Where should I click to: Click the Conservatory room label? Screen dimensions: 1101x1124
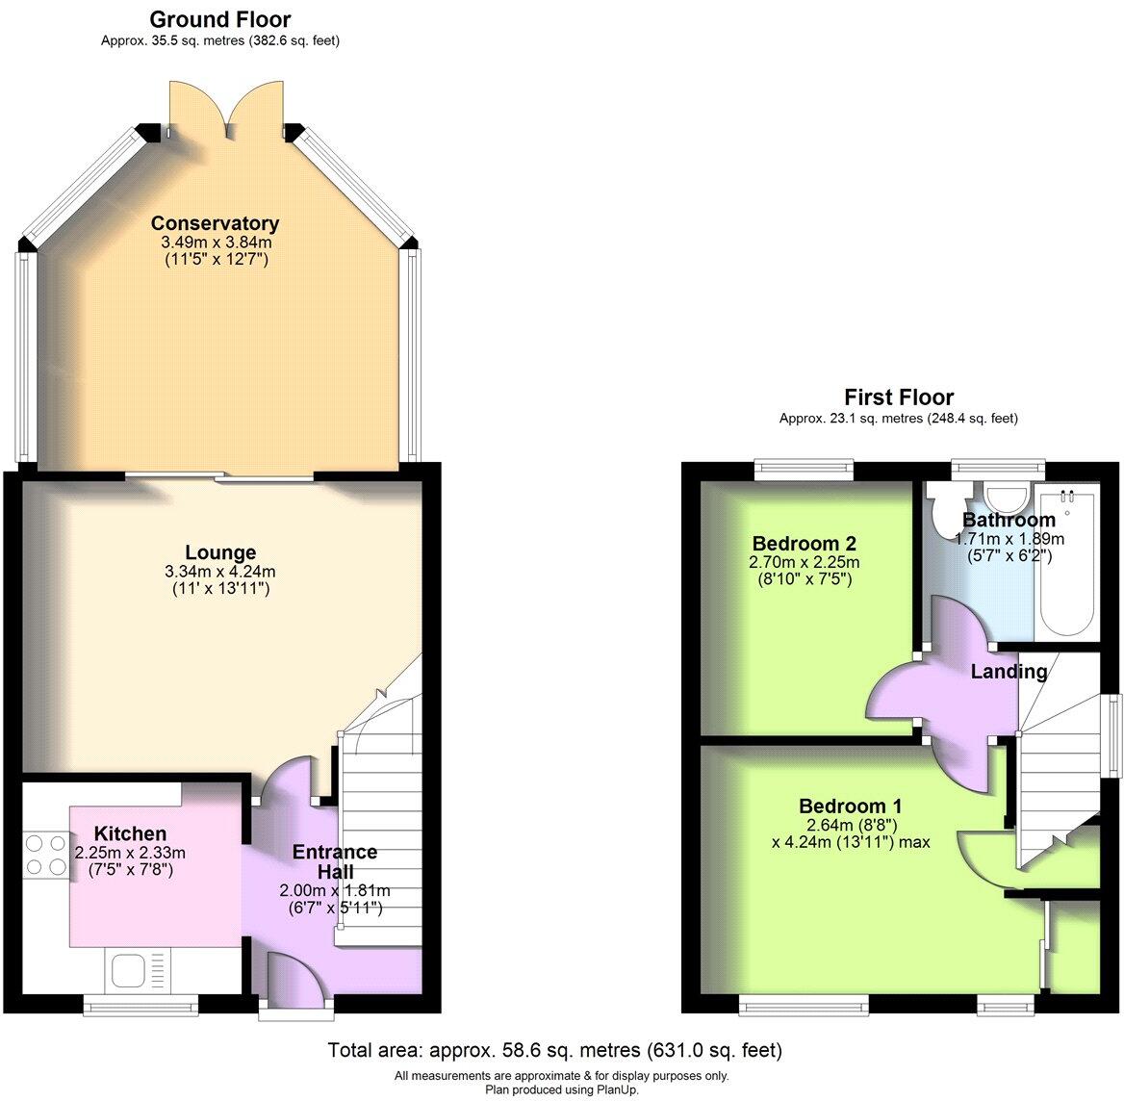pos(215,223)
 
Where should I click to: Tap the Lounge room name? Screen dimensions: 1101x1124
pos(220,552)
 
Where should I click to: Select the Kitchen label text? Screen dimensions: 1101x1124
pos(130,833)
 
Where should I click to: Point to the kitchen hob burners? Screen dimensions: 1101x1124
pos(40,855)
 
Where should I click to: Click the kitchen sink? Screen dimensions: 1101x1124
pos(128,969)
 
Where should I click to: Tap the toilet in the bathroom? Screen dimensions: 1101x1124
pos(943,500)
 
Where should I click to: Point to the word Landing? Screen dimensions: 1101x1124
pos(1009,672)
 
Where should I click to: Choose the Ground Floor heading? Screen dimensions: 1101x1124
pos(220,19)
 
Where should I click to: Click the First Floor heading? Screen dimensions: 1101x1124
pos(899,397)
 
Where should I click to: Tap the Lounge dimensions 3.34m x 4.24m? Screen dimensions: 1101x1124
pos(220,571)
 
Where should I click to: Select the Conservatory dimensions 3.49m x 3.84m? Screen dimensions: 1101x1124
pos(215,242)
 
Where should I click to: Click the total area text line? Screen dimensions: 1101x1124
pos(555,1049)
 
